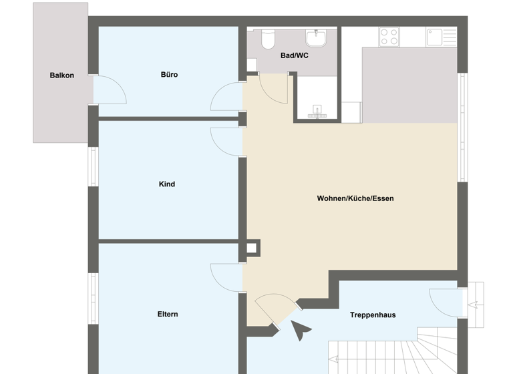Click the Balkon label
tap(61, 75)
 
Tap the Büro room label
tap(169, 75)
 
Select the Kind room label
tap(167, 184)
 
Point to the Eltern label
tap(168, 314)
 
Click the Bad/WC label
tap(294, 55)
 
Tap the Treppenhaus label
tap(373, 315)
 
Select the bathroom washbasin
tap(315, 37)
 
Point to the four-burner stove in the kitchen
tap(389, 36)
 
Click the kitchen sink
tap(436, 36)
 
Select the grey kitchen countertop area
tap(409, 85)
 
